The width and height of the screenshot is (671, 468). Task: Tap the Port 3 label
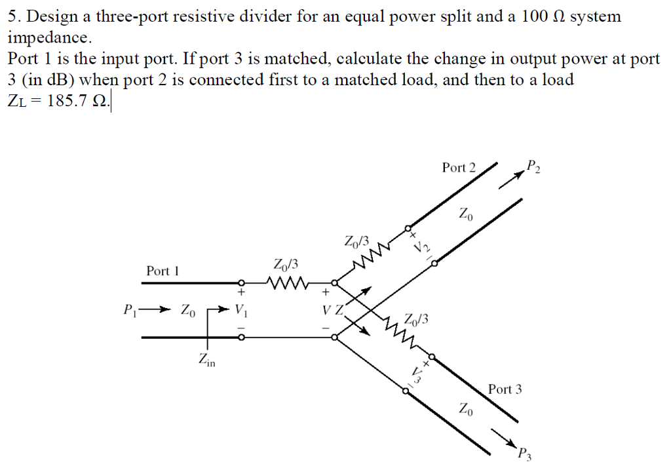505,389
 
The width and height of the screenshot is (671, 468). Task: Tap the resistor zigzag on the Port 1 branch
284,284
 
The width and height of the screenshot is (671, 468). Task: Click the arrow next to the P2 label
508,180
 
